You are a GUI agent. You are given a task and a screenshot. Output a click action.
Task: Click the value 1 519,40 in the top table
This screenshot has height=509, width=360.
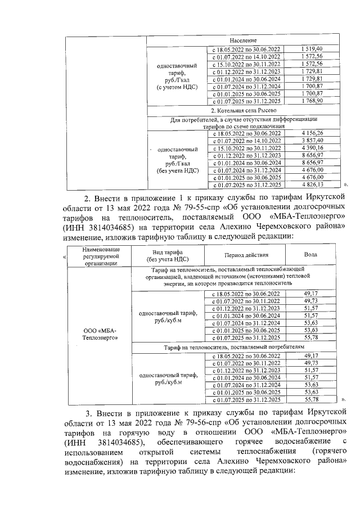[312, 49]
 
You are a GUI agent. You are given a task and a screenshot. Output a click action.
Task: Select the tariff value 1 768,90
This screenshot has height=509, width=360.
[312, 101]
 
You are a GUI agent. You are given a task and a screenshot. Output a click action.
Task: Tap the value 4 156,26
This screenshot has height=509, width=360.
[312, 133]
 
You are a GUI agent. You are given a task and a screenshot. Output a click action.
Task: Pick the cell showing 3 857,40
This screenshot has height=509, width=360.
[312, 140]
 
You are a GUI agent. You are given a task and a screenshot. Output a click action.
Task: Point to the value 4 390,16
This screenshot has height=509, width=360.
[312, 147]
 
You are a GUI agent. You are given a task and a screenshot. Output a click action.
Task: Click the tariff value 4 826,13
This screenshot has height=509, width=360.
[312, 184]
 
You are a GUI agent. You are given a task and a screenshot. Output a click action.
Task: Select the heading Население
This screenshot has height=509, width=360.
[243, 41]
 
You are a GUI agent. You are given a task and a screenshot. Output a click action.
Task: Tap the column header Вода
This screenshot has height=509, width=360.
[311, 255]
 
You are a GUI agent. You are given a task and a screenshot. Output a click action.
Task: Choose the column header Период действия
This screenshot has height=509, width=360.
[246, 255]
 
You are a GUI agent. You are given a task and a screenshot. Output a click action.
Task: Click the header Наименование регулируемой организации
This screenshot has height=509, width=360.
[99, 255]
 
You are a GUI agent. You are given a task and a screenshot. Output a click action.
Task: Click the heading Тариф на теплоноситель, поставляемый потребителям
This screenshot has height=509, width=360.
[243, 348]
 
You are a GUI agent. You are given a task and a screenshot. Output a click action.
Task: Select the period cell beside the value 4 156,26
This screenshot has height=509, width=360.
[245, 133]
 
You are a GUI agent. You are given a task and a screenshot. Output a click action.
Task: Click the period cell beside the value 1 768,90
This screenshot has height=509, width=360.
[245, 101]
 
